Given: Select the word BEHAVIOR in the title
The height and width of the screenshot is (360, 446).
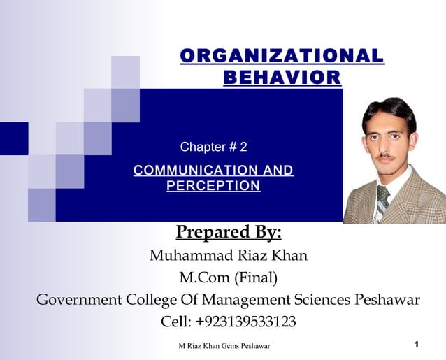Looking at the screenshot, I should point(282,77).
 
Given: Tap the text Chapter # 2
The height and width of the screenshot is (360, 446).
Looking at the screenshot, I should point(213,147).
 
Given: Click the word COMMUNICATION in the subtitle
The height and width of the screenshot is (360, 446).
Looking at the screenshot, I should point(184,171).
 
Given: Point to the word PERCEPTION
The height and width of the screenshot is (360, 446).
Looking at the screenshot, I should point(213,186).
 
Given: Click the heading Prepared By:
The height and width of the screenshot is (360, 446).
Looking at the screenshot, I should point(229,231).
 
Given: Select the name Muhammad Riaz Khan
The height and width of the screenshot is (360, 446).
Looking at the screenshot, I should point(229,255).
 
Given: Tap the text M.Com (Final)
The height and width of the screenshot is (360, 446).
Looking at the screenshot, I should point(229,278).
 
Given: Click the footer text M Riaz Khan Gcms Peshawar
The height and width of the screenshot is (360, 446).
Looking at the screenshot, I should point(224,345).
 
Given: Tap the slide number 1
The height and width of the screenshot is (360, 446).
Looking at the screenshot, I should point(415,344).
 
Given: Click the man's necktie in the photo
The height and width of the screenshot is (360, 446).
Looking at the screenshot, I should point(382,199).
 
